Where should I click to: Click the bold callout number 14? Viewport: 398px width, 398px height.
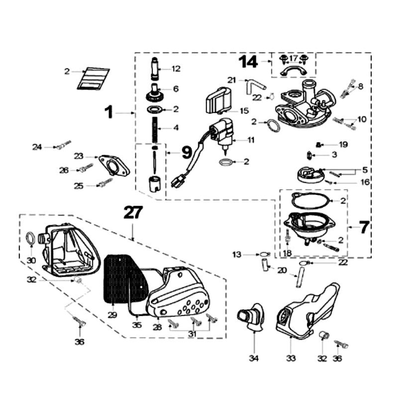pos(248,62)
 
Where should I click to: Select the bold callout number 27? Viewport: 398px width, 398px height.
pos(134,213)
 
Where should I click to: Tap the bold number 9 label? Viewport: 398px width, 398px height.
pos(186,152)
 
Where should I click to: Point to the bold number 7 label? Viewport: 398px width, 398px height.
pos(364,227)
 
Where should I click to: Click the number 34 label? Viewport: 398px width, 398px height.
pos(254,358)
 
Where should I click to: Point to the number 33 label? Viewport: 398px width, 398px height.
pos(290,358)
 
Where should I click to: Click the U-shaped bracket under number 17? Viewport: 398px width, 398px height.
pos(293,72)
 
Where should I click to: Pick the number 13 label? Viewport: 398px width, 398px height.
pos(236,254)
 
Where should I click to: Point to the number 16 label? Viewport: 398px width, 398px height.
pos(365,183)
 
